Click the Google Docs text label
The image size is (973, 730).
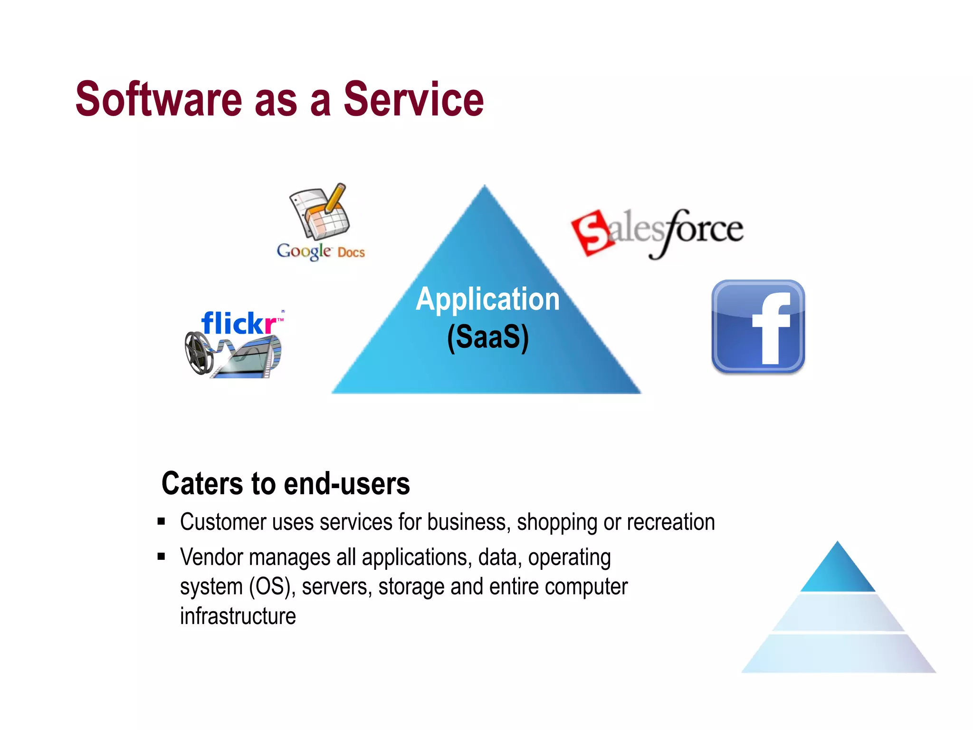321,251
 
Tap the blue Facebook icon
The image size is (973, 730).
758,327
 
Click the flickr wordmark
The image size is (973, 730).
239,323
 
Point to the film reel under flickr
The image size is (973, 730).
200,353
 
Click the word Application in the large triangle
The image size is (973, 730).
487,299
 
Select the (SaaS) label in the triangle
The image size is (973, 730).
487,337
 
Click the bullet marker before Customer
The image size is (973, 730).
162,522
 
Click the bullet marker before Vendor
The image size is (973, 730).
162,557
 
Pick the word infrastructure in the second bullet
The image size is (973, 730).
238,616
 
